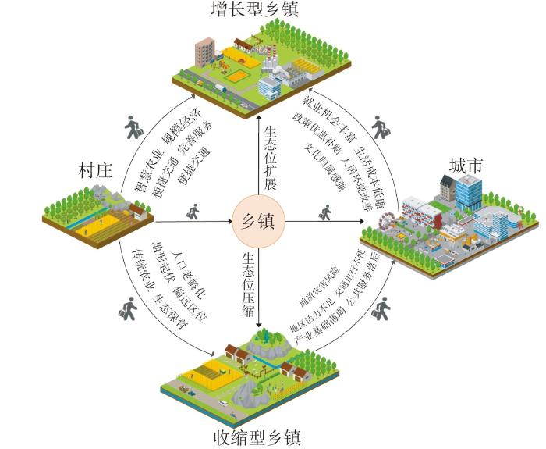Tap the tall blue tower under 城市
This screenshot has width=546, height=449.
point(469,192)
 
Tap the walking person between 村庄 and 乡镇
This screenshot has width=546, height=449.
point(191,212)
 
